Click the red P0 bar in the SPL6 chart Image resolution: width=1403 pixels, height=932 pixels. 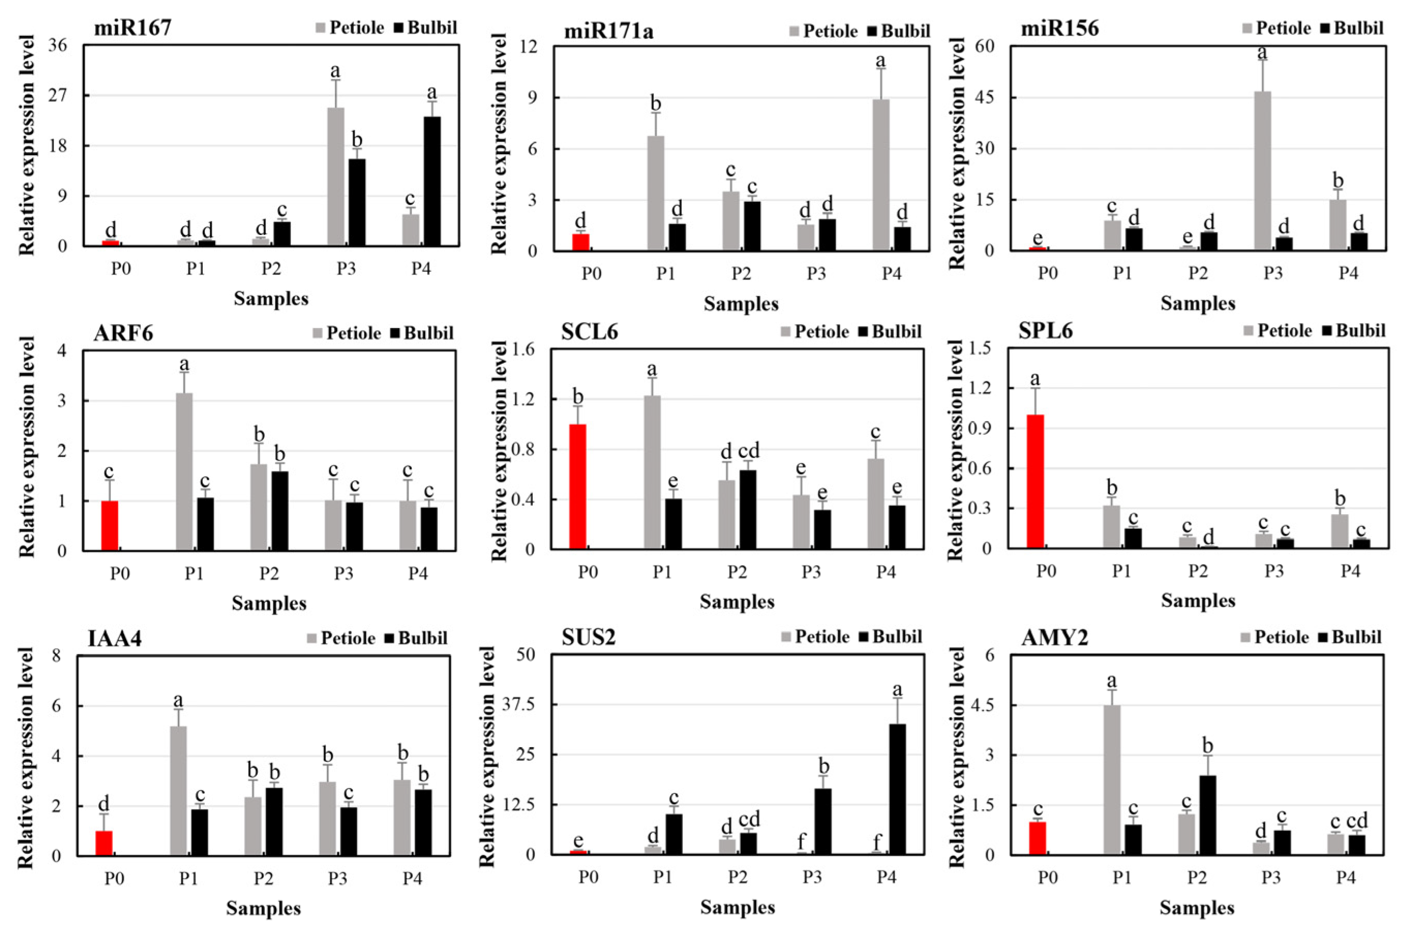[x=1035, y=481]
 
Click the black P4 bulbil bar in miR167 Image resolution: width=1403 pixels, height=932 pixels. [x=432, y=181]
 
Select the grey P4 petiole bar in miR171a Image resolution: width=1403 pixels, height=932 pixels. [x=881, y=175]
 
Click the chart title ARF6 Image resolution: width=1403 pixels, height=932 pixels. [x=123, y=333]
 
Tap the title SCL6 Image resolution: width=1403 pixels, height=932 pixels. [x=589, y=332]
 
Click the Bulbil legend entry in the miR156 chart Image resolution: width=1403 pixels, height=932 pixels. [x=1358, y=28]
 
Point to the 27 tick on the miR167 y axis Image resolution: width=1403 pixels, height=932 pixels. [x=57, y=96]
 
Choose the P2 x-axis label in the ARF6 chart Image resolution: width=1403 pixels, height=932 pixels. [x=268, y=573]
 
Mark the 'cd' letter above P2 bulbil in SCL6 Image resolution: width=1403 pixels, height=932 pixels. [x=748, y=451]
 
